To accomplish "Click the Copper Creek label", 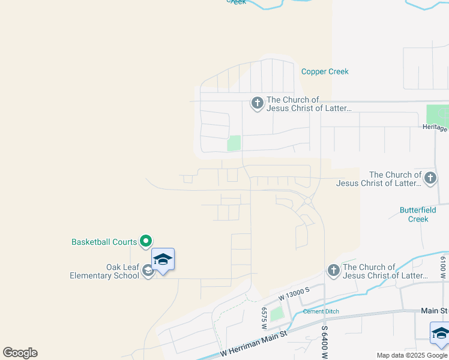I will (x=325, y=71).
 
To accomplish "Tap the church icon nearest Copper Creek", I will (x=257, y=104).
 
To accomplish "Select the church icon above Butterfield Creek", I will (x=430, y=178).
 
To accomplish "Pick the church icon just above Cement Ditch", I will (x=333, y=271).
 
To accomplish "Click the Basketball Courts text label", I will (x=104, y=242).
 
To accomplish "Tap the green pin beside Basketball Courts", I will (x=146, y=241).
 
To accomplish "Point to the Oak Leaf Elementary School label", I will (x=100, y=271).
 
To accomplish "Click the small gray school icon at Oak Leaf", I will (x=148, y=271).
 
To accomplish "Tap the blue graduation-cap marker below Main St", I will (x=440, y=334).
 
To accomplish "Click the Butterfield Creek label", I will (x=414, y=215).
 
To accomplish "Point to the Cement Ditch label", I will (x=321, y=311).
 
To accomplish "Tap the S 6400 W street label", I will (x=324, y=339).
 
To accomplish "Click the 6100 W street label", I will (x=443, y=268).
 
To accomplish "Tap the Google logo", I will (x=20, y=353).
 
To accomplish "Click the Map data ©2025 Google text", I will (x=411, y=355).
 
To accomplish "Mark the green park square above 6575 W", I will (x=276, y=313).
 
